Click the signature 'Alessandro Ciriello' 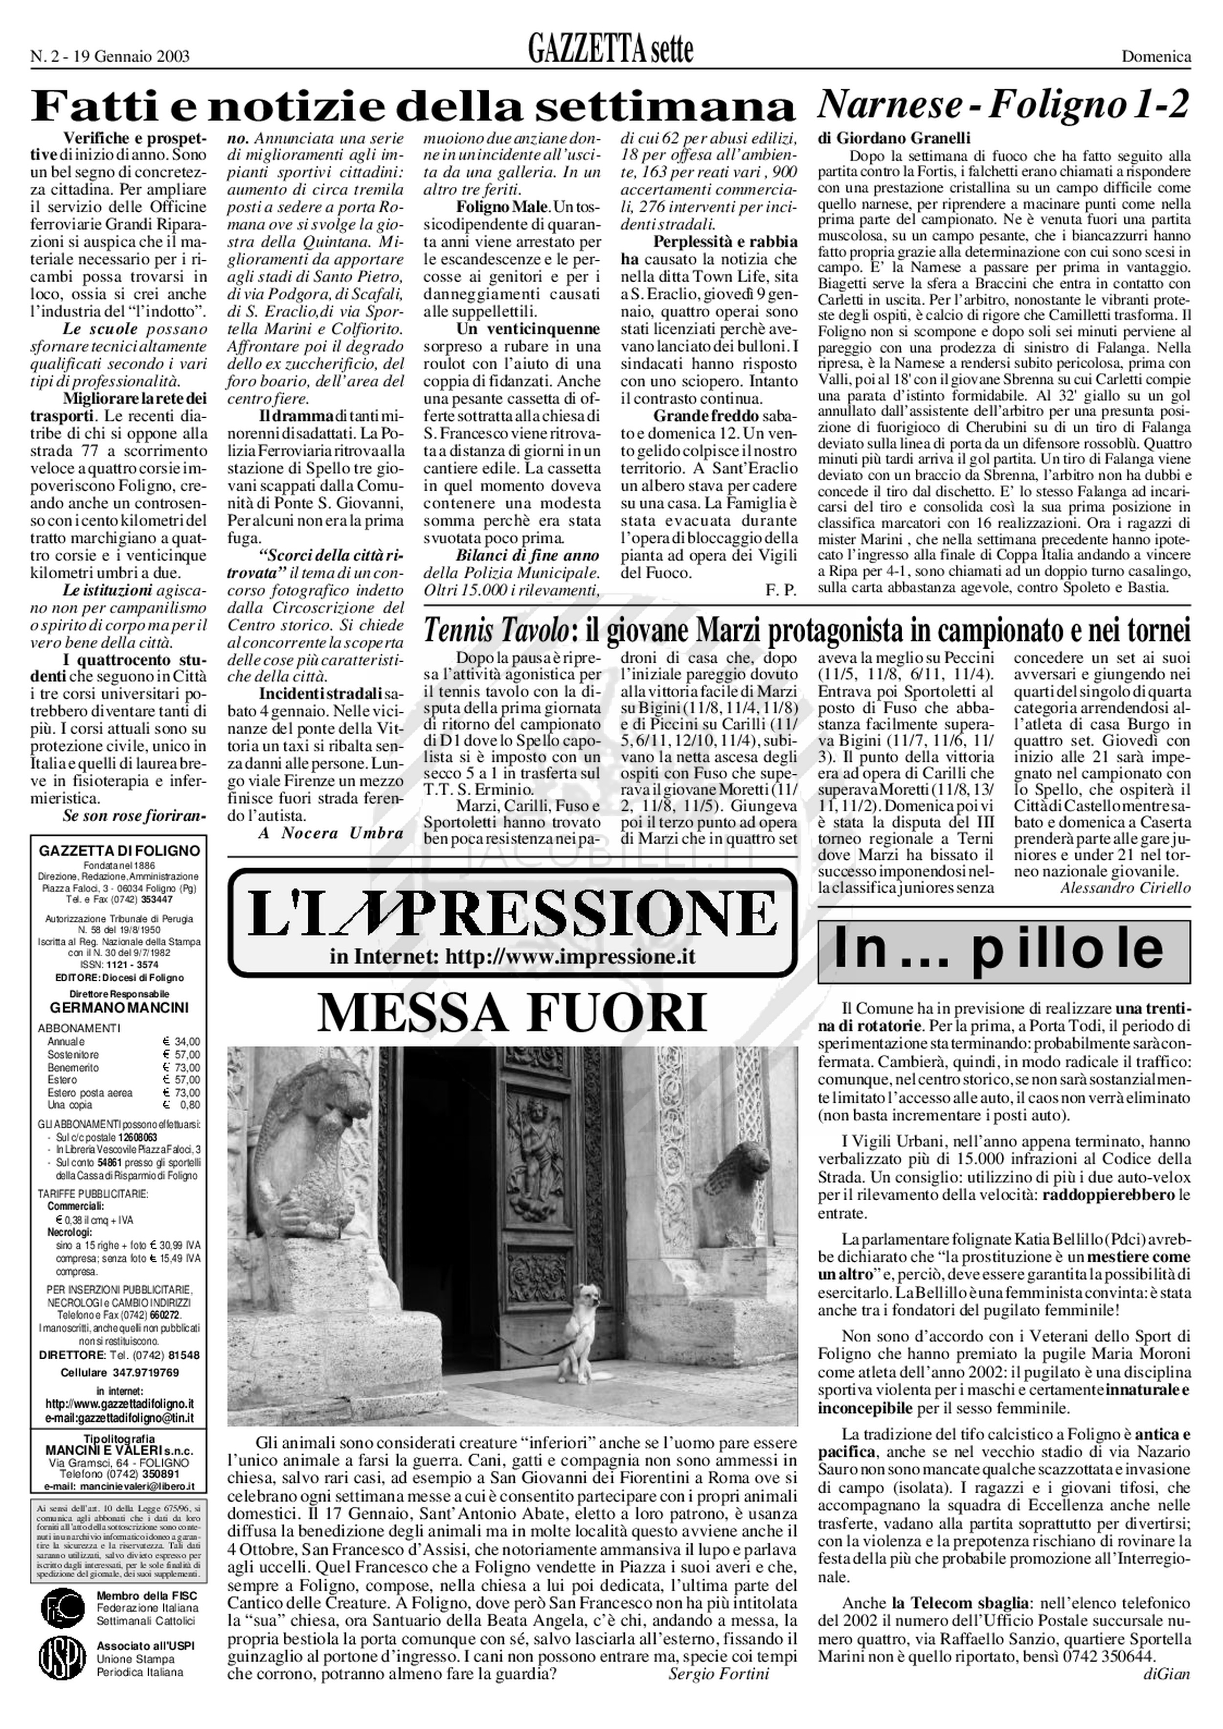coord(1125,888)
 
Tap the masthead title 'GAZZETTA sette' coord(610,51)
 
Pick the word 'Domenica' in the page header coord(1157,56)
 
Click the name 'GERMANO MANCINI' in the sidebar coord(120,1008)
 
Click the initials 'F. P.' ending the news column coord(780,590)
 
